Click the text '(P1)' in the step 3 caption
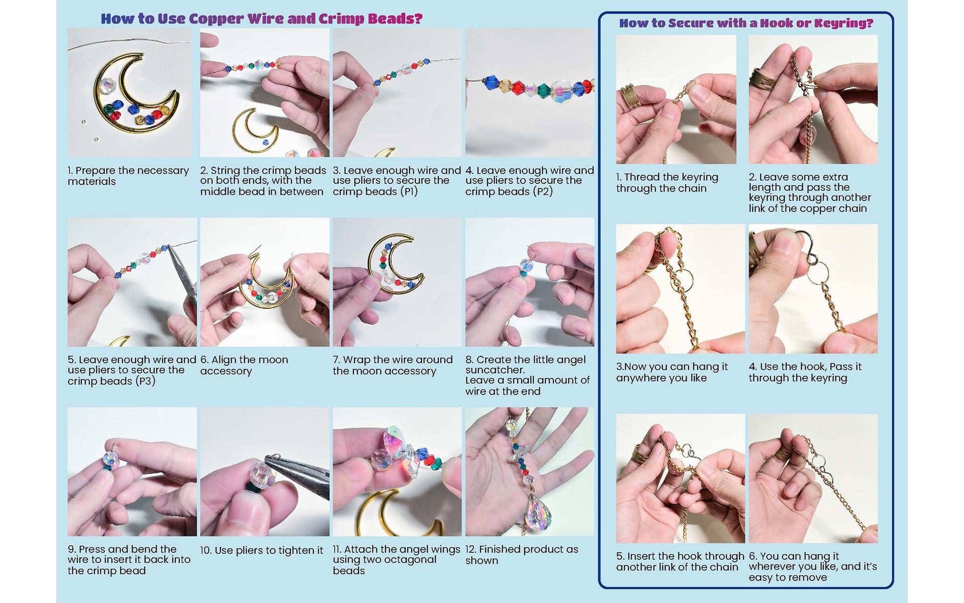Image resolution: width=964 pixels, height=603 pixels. (x=409, y=192)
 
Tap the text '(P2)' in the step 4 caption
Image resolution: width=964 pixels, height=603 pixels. (x=543, y=192)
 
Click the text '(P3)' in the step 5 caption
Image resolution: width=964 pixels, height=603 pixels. (x=146, y=381)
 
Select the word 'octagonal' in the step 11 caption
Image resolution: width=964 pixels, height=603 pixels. (x=411, y=560)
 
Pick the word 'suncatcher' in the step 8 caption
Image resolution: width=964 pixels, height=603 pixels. (x=495, y=370)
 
